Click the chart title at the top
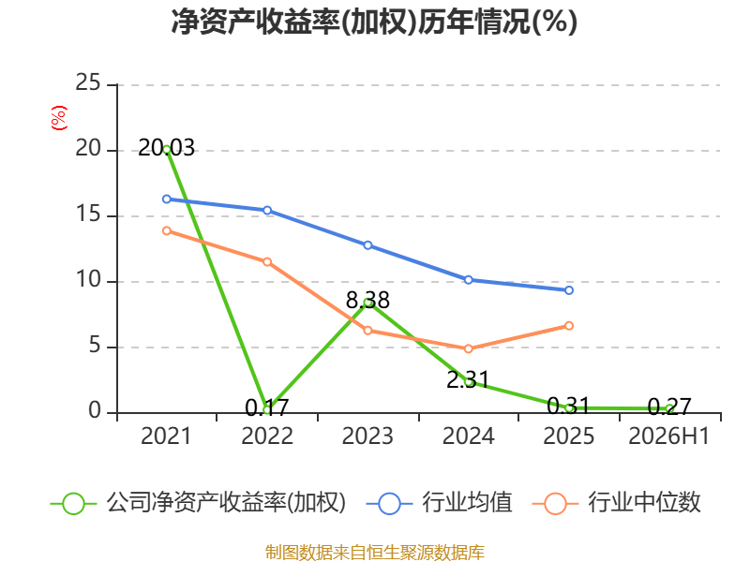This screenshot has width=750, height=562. pyautogui.click(x=374, y=22)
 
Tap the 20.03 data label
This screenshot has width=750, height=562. pyautogui.click(x=166, y=148)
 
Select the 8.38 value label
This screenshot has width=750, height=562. pyautogui.click(x=367, y=300)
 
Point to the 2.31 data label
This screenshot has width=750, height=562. pyautogui.click(x=468, y=379)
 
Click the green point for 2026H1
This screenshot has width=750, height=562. pyautogui.click(x=669, y=408)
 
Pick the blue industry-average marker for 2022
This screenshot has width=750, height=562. pyautogui.click(x=267, y=210)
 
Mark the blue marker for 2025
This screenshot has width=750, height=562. pyautogui.click(x=569, y=290)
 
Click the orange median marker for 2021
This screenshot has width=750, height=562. pyautogui.click(x=167, y=230)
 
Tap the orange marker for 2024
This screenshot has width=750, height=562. pyautogui.click(x=468, y=348)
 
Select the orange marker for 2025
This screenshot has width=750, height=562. pyautogui.click(x=569, y=325)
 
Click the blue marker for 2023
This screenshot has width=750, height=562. pyautogui.click(x=367, y=245)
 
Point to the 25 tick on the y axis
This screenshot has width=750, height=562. pyautogui.click(x=88, y=83)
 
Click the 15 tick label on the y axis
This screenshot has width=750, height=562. pyautogui.click(x=88, y=214)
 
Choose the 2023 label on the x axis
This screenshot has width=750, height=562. pyautogui.click(x=367, y=436)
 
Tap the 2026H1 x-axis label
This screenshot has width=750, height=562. pyautogui.click(x=668, y=436)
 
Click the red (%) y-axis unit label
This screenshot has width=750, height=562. pyautogui.click(x=59, y=118)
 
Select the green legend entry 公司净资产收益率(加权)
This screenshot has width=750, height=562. pyautogui.click(x=198, y=503)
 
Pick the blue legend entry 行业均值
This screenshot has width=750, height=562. pyautogui.click(x=439, y=503)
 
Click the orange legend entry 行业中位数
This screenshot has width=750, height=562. pyautogui.click(x=616, y=503)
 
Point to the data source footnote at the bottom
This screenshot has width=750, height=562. pyautogui.click(x=375, y=553)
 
